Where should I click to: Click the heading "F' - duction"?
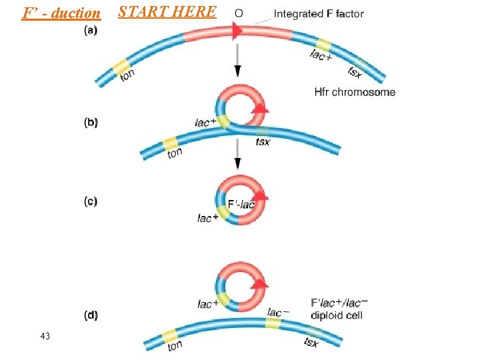(61, 13)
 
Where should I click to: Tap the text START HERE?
(167, 11)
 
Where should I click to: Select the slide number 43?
(45, 336)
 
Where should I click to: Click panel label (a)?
(91, 30)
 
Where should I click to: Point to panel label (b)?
(91, 123)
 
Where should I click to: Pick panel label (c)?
(91, 201)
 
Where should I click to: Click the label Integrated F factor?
(319, 13)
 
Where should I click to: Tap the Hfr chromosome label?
(355, 92)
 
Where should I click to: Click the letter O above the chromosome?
(239, 13)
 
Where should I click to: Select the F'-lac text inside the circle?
(241, 204)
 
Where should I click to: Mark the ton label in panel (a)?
(127, 75)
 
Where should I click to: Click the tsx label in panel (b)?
(263, 142)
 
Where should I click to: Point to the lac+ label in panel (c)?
(208, 217)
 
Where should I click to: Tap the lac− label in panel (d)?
(278, 312)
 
